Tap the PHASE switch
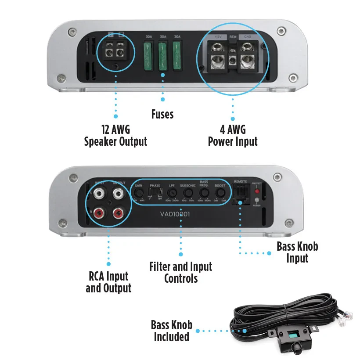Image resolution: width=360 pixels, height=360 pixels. (x=155, y=193)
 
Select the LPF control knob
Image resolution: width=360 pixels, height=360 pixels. (x=172, y=192)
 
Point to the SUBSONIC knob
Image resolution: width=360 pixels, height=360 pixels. (x=188, y=192)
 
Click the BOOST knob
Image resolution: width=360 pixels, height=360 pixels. (x=220, y=192)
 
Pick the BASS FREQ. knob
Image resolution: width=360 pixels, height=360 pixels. (x=204, y=192)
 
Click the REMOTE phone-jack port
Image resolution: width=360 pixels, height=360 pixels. (x=241, y=192)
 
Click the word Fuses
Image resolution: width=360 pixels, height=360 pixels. (x=162, y=115)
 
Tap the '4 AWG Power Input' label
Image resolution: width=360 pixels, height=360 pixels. (x=233, y=135)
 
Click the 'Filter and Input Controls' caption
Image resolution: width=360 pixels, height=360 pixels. (x=180, y=272)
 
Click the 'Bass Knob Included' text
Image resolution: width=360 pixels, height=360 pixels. (x=172, y=331)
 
